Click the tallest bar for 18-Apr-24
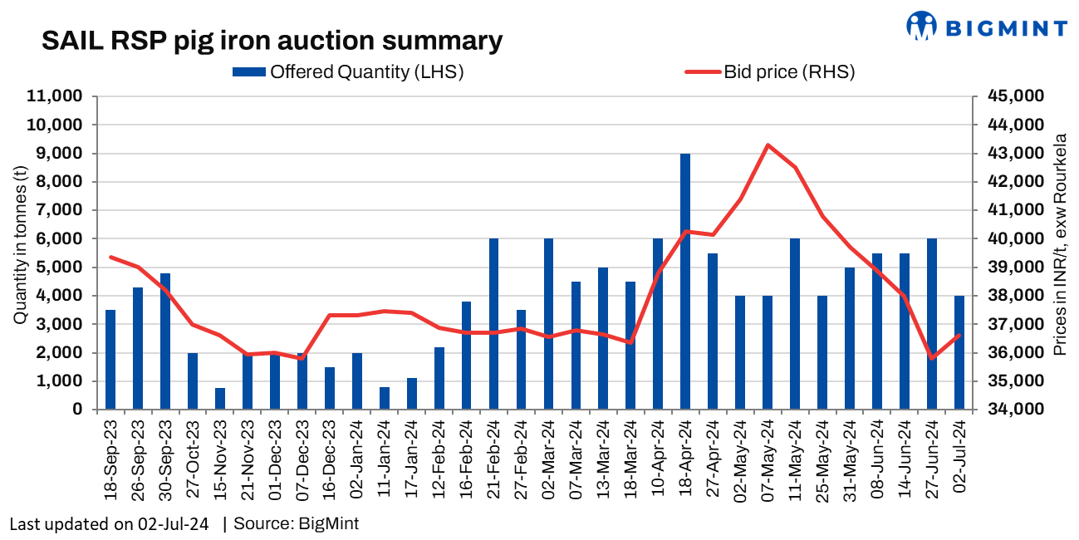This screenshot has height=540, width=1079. (685, 282)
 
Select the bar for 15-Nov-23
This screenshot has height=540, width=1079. (220, 399)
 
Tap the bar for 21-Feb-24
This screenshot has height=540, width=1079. (493, 324)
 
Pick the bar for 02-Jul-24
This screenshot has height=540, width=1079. (959, 352)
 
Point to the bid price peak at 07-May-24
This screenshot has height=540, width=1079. (768, 145)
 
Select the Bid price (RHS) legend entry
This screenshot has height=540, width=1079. (769, 71)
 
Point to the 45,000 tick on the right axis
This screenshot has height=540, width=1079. (1008, 96)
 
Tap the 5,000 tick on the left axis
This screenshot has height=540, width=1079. (62, 268)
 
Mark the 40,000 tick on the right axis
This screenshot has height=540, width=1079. (1008, 239)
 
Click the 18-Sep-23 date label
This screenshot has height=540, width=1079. (110, 461)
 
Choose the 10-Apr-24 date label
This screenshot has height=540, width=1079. (658, 461)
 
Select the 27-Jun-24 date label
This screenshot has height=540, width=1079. (932, 461)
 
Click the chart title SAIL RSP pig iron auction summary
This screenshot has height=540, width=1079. (272, 41)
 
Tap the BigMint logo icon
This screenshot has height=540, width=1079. (921, 26)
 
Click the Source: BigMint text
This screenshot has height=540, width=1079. (297, 524)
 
